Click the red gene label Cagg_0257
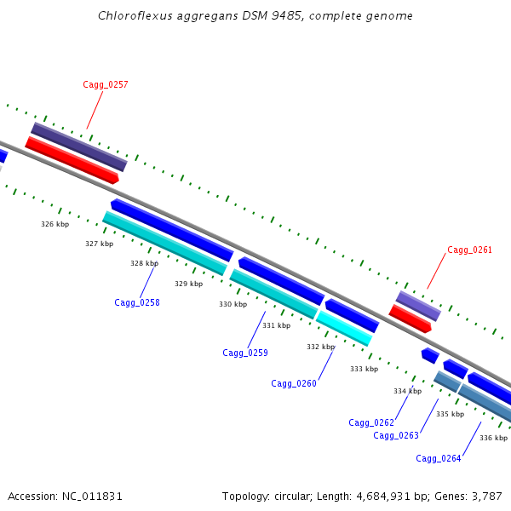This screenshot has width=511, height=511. tap(106, 84)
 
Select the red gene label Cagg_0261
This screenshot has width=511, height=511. tap(469, 250)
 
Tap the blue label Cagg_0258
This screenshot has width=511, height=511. tap(137, 302)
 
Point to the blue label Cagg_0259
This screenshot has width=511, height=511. tap(245, 353)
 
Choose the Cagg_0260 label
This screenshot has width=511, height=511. tap(294, 383)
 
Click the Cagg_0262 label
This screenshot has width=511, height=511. tap(371, 422)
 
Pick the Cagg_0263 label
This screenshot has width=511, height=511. tap(396, 435)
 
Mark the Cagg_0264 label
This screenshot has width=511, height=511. tap(439, 458)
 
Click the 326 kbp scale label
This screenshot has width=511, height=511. tap(55, 224)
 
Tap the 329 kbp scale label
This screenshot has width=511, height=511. tap(189, 284)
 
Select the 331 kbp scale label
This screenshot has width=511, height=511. tap(276, 325)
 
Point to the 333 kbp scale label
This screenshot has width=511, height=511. tap(364, 369)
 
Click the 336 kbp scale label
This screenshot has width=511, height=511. tap(493, 438)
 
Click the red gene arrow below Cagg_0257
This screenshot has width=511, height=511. tap(72, 160)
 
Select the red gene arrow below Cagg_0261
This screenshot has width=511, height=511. tap(410, 319)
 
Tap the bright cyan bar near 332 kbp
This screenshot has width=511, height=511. tap(344, 328)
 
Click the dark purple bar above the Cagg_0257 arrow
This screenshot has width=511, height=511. tap(79, 146)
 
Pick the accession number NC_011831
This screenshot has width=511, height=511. tap(92, 497)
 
